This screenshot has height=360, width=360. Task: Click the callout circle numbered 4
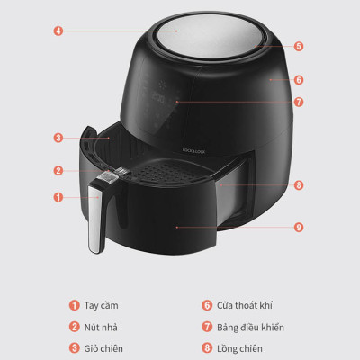(x=58, y=30)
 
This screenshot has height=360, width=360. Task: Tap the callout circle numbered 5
(x=298, y=45)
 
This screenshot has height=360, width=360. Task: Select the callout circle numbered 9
(x=298, y=227)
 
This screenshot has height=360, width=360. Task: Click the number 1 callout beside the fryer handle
(x=58, y=196)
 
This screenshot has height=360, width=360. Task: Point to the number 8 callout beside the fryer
(x=298, y=185)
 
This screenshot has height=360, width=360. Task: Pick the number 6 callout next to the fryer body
(x=298, y=79)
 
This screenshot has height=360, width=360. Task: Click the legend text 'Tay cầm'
(x=103, y=305)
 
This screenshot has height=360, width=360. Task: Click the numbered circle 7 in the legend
(x=206, y=327)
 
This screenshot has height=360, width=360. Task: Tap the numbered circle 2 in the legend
(x=76, y=327)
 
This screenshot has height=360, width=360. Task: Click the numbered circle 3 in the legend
(x=76, y=348)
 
